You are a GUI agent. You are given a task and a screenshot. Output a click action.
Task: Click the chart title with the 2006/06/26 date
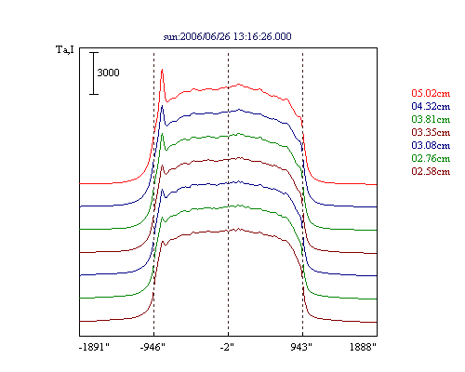[227, 36]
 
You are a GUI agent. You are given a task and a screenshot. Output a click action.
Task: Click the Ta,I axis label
[65, 49]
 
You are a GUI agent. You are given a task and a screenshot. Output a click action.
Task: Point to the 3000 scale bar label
[108, 73]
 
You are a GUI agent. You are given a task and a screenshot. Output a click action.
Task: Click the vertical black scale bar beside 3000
[94, 73]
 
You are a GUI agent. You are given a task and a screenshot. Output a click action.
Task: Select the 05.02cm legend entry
[431, 93]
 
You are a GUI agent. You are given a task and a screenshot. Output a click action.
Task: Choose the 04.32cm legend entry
[431, 106]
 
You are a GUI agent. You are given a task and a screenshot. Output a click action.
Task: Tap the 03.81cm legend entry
[431, 119]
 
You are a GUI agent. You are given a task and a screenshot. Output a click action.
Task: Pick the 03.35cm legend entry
[431, 132]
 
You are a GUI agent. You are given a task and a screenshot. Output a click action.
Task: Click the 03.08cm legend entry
[431, 145]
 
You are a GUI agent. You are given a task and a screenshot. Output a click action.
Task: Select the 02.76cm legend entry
[431, 158]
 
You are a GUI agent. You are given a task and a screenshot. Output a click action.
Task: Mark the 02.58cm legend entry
[431, 171]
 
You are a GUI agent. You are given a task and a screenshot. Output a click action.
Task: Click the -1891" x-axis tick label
[94, 347]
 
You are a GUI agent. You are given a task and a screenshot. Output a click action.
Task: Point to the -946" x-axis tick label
[153, 347]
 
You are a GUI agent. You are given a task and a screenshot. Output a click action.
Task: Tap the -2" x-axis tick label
[227, 347]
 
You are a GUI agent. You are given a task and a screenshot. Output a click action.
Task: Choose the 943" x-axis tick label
[301, 347]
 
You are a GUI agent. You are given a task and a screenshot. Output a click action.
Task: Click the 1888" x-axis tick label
[363, 347]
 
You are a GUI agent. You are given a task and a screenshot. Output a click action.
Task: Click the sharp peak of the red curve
[162, 70]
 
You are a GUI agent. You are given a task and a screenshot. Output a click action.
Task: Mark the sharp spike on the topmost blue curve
[162, 106]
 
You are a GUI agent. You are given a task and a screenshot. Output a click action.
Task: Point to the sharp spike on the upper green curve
[162, 134]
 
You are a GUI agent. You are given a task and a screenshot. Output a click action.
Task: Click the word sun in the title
[170, 37]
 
